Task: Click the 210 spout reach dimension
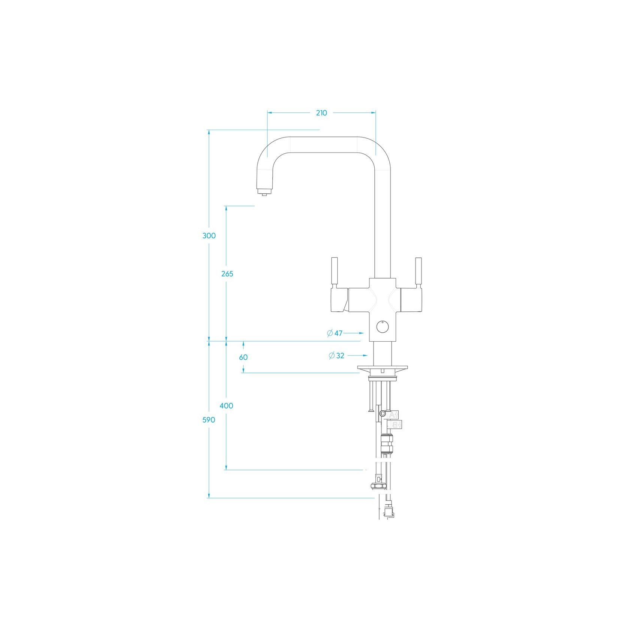pos(321,113)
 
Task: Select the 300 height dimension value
pos(209,236)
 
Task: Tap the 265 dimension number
pos(227,274)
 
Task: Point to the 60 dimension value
pos(243,357)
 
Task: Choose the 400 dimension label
pos(226,405)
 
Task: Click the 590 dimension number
pos(209,420)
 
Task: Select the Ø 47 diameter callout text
pos(335,333)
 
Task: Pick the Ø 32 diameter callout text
pos(336,356)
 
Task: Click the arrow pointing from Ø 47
pos(354,333)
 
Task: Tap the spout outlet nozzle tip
pos(264,194)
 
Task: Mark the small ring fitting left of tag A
pos(382,413)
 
